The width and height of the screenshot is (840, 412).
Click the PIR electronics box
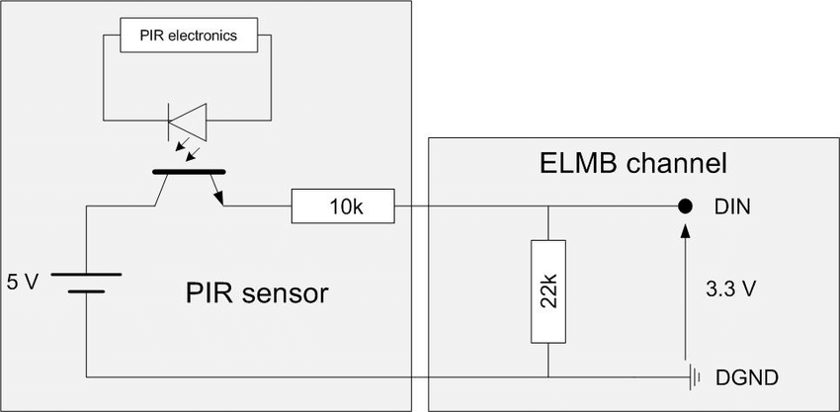pos(188,36)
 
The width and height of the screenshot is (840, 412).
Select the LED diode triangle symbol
pos(188,122)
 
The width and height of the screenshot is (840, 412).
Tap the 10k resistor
pos(343,206)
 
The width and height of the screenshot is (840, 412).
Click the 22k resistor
pos(548,291)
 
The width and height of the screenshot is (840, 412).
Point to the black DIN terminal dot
pos(684,206)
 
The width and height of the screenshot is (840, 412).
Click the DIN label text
pos(731,206)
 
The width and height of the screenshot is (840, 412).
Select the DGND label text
pos(746,377)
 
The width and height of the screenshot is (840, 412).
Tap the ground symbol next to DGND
pos(695,377)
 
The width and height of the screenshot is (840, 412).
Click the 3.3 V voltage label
pos(730,289)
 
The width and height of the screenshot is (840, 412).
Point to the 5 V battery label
pos(23,283)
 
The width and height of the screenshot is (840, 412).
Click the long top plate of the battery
pos(86,275)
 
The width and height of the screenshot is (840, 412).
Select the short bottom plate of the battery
pos(86,291)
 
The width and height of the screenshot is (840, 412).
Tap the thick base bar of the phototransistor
pos(189,172)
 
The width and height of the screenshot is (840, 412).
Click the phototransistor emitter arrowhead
pos(218,199)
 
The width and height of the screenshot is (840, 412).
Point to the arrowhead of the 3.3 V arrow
pos(684,230)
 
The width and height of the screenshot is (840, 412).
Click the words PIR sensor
pos(257,293)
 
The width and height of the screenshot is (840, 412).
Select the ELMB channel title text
pos(632,164)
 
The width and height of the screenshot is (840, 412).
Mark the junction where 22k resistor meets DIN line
pos(548,206)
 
